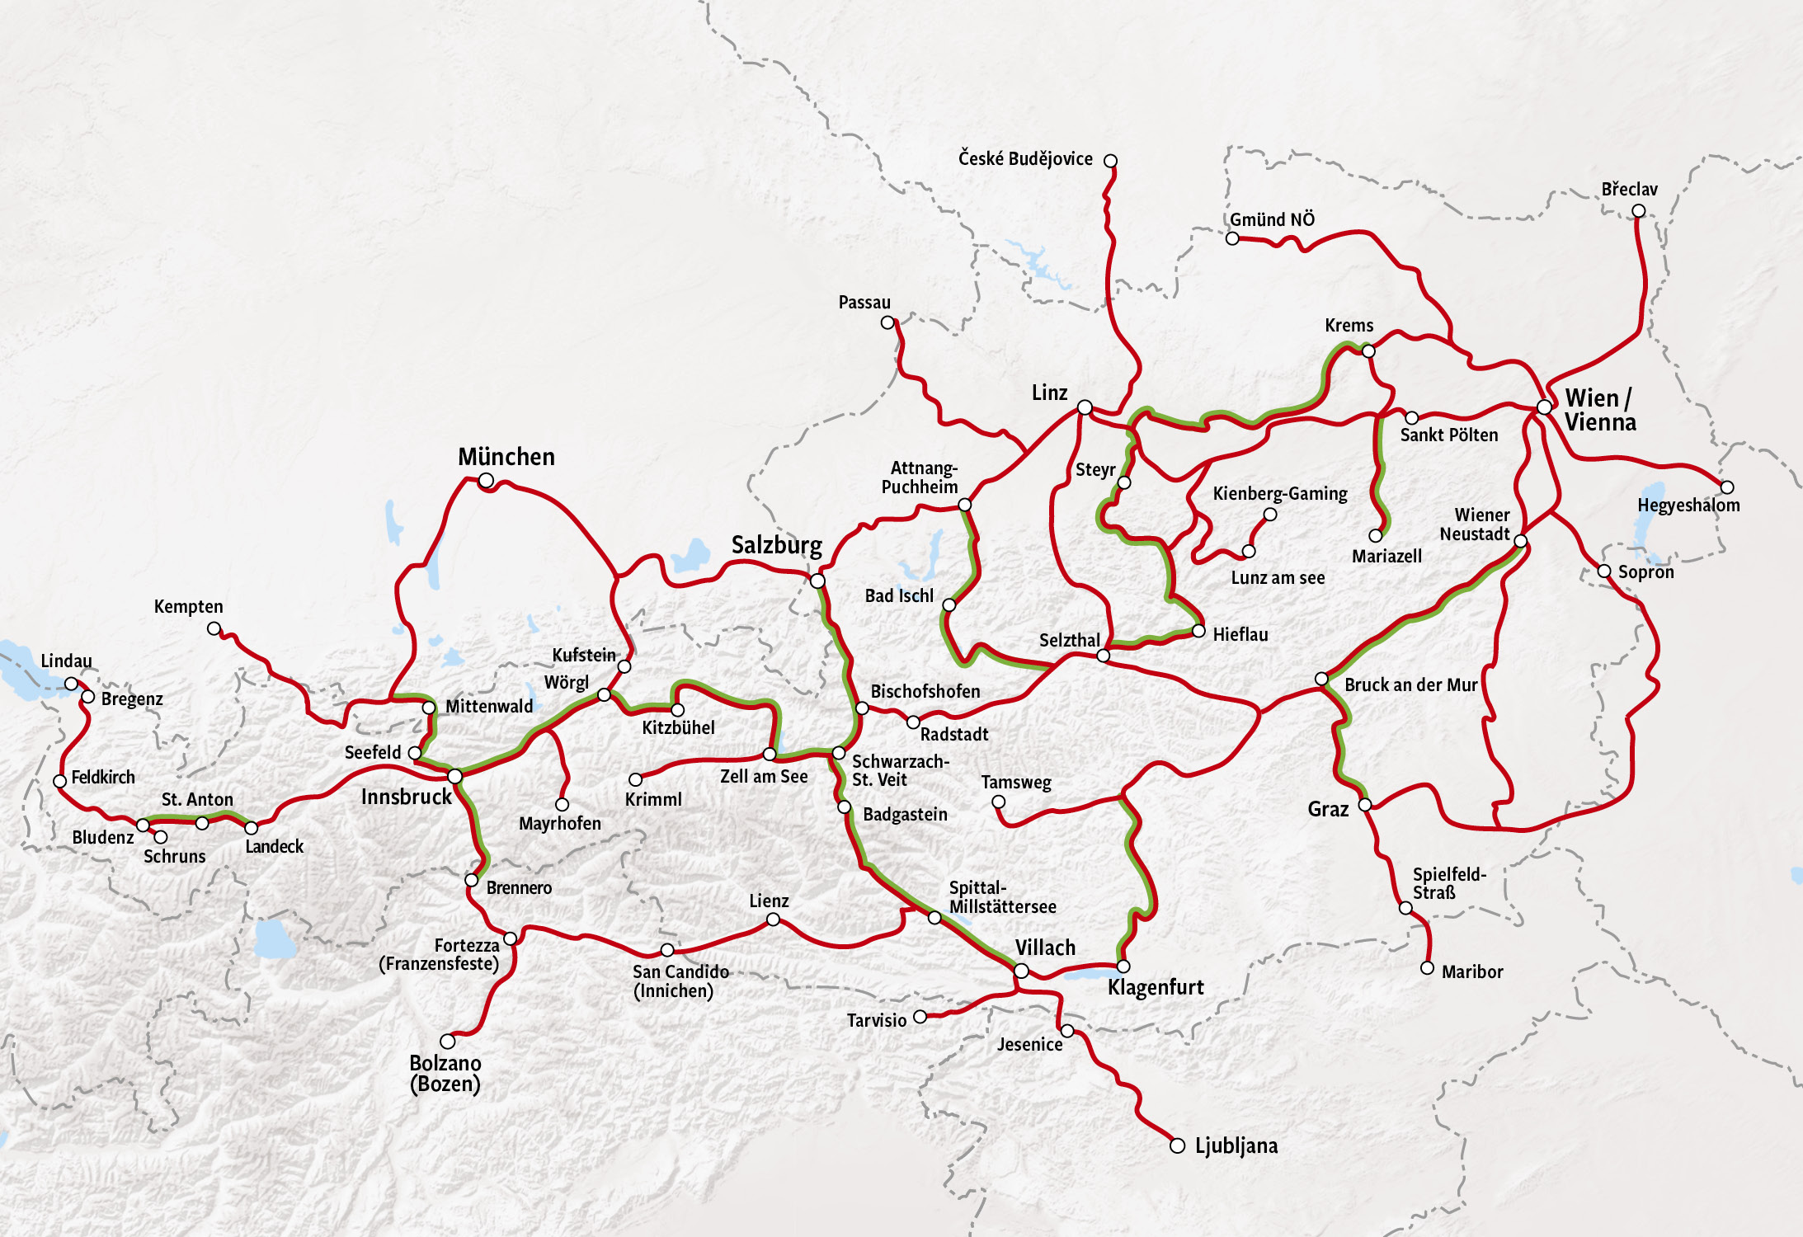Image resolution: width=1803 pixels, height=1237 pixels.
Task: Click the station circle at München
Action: click(487, 480)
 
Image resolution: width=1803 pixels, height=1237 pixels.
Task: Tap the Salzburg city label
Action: click(776, 545)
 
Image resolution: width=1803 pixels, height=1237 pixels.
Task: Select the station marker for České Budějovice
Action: click(1110, 161)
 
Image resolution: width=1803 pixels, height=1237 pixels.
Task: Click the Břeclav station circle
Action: click(1638, 211)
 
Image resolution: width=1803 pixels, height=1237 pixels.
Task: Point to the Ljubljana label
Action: click(1236, 1145)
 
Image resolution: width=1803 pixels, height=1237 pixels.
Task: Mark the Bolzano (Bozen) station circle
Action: click(448, 1042)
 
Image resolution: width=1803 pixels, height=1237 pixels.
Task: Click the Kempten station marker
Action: click(214, 628)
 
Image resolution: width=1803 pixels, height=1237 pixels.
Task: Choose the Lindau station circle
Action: click(72, 684)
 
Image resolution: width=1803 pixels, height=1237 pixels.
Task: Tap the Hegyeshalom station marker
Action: click(1726, 487)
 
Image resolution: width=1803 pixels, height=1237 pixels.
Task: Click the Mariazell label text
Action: click(1386, 557)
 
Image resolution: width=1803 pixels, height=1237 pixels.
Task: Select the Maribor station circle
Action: click(1427, 968)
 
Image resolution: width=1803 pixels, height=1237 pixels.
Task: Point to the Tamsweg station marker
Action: click(998, 802)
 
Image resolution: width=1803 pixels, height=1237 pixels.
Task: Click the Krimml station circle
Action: click(635, 779)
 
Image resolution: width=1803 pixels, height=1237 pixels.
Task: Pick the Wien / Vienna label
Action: click(1599, 410)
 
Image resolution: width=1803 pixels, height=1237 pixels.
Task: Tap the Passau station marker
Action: click(887, 322)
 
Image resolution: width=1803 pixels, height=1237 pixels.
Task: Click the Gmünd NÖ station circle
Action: click(1232, 238)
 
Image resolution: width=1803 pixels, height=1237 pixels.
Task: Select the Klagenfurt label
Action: click(1155, 987)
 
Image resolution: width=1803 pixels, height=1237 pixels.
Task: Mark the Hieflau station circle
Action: click(1198, 631)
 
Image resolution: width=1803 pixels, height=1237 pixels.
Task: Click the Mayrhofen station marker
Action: click(562, 804)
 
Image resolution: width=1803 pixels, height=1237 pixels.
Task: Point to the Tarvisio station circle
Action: click(920, 1017)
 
